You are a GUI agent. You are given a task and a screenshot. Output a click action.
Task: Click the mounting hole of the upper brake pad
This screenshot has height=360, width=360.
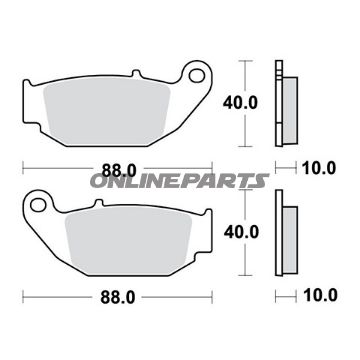pyautogui.click(x=197, y=75)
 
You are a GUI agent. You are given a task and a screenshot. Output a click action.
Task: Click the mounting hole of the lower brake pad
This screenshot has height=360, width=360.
pyautogui.click(x=38, y=205)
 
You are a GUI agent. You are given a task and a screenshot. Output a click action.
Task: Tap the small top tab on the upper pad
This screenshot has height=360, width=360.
pyautogui.click(x=135, y=73)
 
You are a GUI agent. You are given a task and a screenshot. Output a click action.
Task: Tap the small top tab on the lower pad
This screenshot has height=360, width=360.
pyautogui.click(x=98, y=203)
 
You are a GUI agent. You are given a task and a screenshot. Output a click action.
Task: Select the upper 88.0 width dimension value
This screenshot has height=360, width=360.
pyautogui.click(x=119, y=171)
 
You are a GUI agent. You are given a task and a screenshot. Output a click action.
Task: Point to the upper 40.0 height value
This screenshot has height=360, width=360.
pyautogui.click(x=240, y=103)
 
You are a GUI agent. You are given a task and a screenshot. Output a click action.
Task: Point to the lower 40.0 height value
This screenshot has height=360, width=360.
pyautogui.click(x=241, y=232)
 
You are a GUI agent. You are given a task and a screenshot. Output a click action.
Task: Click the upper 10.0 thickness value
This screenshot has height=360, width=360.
pyautogui.click(x=319, y=168)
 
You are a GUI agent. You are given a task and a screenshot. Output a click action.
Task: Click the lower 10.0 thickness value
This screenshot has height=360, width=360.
pyautogui.click(x=320, y=295)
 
